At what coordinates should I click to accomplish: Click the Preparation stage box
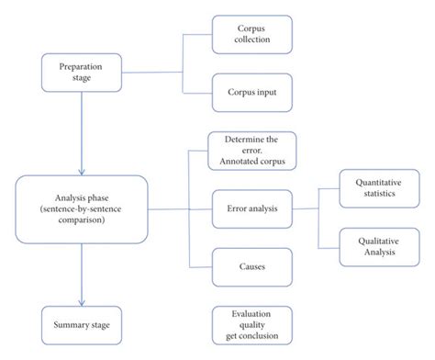82,72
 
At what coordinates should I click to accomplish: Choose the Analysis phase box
83,208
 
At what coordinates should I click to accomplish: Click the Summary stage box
82,323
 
